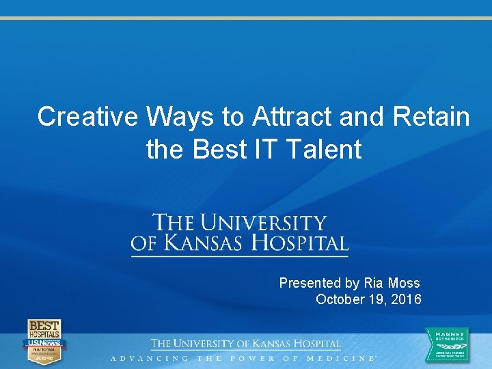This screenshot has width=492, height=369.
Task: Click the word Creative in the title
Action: (88, 117)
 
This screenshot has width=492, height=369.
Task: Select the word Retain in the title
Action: (431, 117)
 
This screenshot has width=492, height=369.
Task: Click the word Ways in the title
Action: (180, 117)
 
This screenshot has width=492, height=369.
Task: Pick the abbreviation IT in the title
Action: (255, 149)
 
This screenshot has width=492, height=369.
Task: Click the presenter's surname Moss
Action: (404, 283)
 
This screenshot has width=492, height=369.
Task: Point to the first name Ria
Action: (374, 283)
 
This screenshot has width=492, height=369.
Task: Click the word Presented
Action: (310, 283)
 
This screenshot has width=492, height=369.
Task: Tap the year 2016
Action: (407, 299)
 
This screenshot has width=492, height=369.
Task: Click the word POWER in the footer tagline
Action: (250, 358)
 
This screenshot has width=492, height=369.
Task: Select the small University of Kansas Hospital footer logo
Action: (246, 344)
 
